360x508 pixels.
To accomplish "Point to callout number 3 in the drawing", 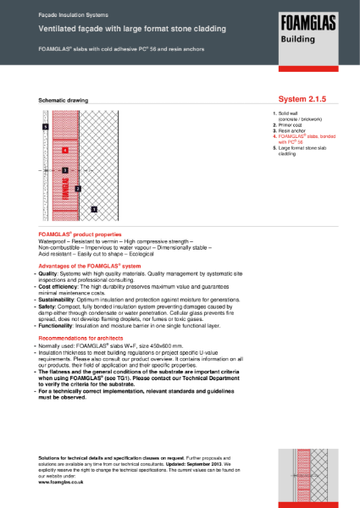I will tap(65, 170).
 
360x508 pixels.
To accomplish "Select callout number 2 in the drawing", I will tap(77, 188).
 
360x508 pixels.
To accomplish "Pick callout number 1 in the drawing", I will tap(94, 207).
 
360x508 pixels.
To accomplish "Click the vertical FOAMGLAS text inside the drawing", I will tap(65, 199).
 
